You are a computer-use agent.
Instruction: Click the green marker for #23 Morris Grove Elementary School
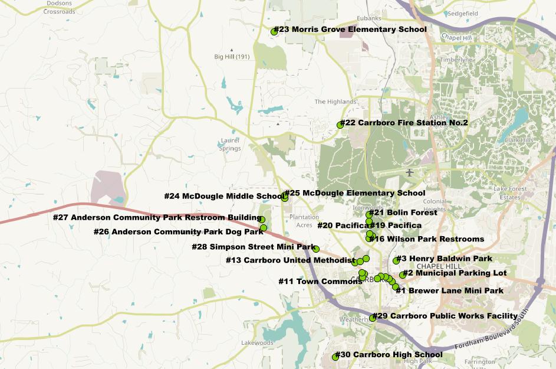point(274,32)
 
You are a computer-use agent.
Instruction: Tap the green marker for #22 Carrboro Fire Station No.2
point(340,125)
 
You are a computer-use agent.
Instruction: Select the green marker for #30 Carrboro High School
point(335,357)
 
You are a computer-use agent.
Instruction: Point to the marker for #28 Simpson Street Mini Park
point(316,249)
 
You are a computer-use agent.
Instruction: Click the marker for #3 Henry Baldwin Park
point(396,260)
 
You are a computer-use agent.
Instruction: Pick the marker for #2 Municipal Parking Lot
point(403,275)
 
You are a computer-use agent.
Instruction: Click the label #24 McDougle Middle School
point(224,196)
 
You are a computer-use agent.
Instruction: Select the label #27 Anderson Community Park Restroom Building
point(157,217)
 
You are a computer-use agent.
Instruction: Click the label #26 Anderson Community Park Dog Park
point(178,231)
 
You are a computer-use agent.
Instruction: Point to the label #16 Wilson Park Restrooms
point(427,239)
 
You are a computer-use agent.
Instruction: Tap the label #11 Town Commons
point(320,282)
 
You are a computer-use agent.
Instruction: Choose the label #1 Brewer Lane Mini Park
point(449,290)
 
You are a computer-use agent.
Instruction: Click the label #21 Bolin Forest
point(403,213)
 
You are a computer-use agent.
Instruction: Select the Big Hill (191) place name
point(232,57)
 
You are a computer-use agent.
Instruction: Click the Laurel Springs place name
point(230,145)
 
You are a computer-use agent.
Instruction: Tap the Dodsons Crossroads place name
point(59,7)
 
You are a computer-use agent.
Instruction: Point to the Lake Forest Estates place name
point(510,192)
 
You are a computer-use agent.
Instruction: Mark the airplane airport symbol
point(410,172)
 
